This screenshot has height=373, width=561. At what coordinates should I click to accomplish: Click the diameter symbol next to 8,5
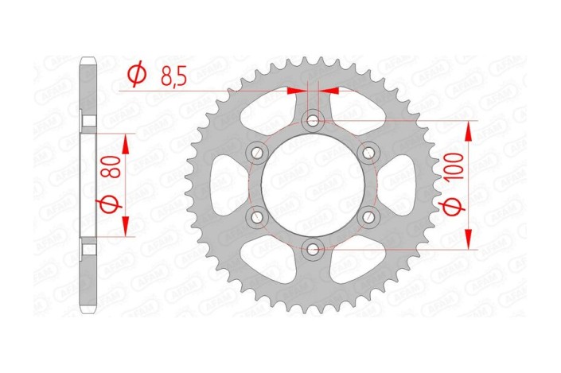pyautogui.click(x=137, y=76)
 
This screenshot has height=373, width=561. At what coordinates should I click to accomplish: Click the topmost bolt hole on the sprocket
pyautogui.click(x=313, y=121)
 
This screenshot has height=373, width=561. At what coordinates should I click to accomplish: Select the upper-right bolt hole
pyautogui.click(x=368, y=153)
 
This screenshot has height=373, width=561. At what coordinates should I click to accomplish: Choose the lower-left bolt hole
pyautogui.click(x=257, y=217)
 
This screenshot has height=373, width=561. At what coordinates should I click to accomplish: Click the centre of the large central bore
pyautogui.click(x=313, y=185)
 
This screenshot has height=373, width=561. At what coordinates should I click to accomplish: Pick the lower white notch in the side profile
pyautogui.click(x=90, y=248)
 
